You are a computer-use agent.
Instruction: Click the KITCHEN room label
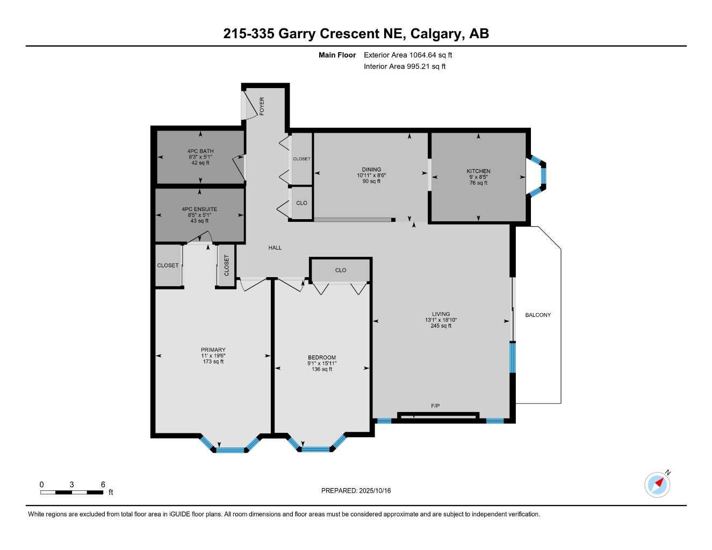[478, 171]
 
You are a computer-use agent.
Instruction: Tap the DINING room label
[371, 170]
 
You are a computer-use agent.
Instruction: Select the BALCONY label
[538, 315]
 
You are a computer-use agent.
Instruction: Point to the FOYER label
[262, 106]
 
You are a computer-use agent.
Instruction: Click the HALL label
[275, 248]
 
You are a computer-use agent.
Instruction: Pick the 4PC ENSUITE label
[199, 209]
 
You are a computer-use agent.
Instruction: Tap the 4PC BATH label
[200, 151]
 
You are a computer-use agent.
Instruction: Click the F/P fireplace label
[435, 406]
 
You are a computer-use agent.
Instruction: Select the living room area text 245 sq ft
[441, 325]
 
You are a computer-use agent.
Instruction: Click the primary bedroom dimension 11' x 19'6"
[213, 356]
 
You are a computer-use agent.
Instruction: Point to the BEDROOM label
[322, 358]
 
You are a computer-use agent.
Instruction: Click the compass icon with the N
[658, 484]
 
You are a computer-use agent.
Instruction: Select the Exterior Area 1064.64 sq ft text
[408, 55]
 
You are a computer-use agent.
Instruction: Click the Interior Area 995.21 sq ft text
[405, 67]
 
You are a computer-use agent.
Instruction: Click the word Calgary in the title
[436, 34]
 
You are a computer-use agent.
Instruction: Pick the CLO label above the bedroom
[341, 271]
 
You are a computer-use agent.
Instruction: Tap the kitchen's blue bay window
[543, 176]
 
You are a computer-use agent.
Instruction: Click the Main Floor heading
[337, 55]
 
